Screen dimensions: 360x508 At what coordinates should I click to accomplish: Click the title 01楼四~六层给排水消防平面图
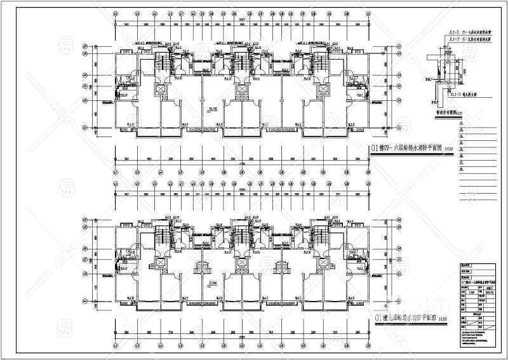coord(403,149)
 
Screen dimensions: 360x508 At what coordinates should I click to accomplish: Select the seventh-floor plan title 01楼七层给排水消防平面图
coord(403,317)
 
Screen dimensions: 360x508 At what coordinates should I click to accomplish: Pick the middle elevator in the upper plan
coord(241,90)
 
